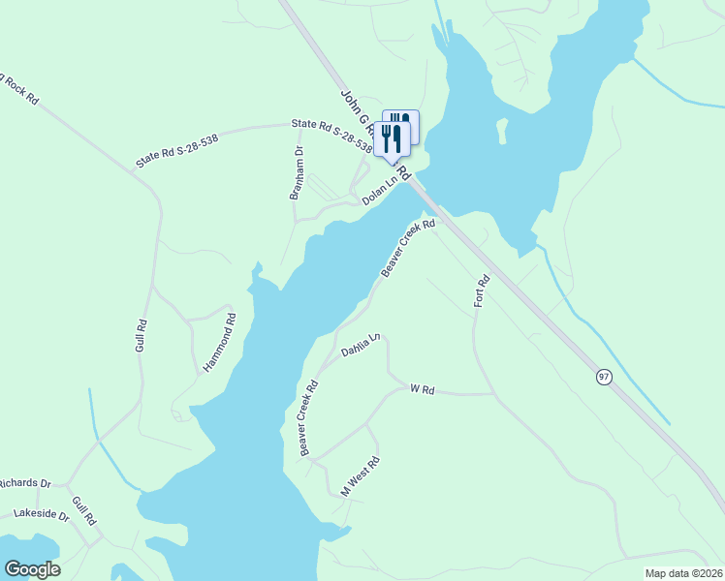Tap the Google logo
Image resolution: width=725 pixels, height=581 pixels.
pyautogui.click(x=32, y=569)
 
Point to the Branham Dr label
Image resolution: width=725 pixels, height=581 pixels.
pyautogui.click(x=298, y=173)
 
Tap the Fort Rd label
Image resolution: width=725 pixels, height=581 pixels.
pyautogui.click(x=483, y=291)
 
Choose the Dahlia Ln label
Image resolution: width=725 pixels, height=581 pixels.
pyautogui.click(x=362, y=345)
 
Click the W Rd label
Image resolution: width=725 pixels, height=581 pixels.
pyautogui.click(x=422, y=389)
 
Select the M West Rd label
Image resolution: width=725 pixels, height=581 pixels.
pyautogui.click(x=360, y=476)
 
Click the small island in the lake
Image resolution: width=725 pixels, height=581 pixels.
pyautogui.click(x=502, y=129)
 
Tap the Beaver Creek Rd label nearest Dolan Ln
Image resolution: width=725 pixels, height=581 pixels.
pyautogui.click(x=408, y=249)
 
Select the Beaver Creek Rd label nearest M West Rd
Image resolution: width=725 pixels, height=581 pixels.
pyautogui.click(x=309, y=418)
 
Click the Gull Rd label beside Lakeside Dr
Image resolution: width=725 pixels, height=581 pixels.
pyautogui.click(x=84, y=510)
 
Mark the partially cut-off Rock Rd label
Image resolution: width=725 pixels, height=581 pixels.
pyautogui.click(x=19, y=87)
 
